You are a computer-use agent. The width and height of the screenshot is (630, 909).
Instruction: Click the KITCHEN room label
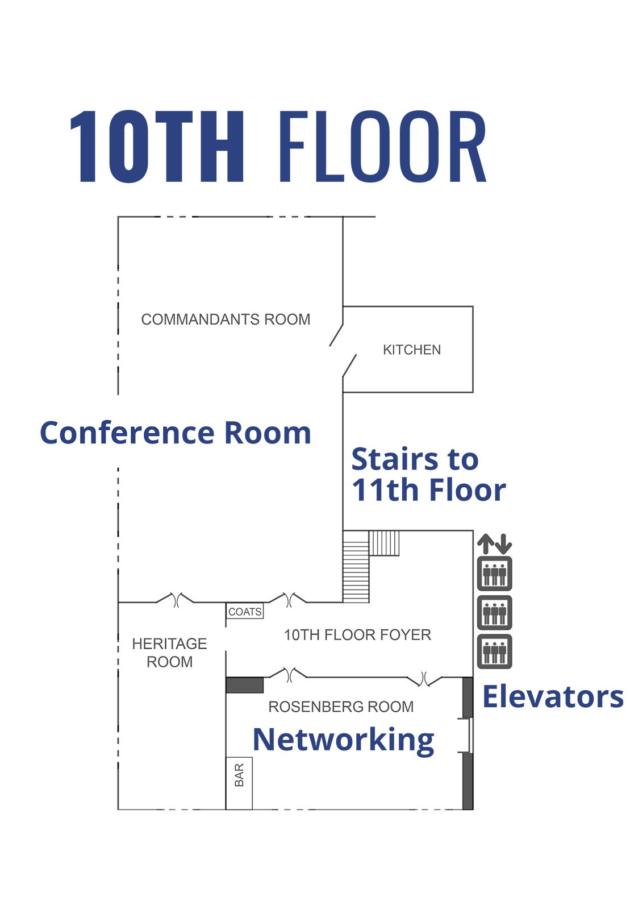(x=411, y=350)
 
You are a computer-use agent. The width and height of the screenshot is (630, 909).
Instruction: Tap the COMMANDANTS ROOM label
(x=226, y=319)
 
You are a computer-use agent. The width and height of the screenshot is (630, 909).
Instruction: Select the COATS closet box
(x=245, y=612)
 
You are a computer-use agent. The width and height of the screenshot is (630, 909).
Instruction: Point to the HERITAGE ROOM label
(x=169, y=653)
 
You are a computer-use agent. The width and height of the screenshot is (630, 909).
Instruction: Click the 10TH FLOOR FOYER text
(x=357, y=635)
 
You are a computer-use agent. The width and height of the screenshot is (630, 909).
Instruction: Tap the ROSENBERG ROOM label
(x=341, y=707)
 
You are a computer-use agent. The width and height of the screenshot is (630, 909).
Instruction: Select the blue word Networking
(x=343, y=740)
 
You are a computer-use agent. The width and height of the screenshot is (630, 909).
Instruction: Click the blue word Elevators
(x=552, y=696)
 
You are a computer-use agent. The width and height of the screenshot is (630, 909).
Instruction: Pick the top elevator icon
(x=494, y=574)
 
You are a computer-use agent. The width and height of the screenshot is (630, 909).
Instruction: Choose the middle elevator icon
(x=494, y=612)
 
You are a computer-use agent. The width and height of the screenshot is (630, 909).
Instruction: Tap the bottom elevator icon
(x=494, y=651)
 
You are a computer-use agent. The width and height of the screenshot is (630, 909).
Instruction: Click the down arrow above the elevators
(x=503, y=544)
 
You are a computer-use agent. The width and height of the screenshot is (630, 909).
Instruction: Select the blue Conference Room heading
(x=176, y=433)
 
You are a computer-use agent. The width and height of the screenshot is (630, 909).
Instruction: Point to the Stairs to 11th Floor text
(x=428, y=475)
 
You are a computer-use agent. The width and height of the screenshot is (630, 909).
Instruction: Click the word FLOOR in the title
(x=383, y=147)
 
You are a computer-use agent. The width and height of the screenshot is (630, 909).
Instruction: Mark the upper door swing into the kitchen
(x=336, y=335)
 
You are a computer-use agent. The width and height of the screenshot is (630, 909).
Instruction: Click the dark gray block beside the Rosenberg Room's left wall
(x=244, y=685)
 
